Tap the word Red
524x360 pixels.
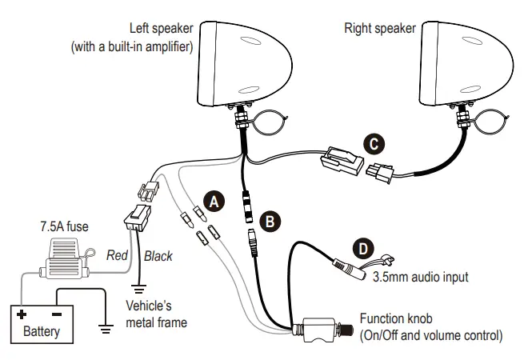pos(118,256)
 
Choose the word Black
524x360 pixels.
pos(158,257)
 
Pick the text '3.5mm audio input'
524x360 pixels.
pos(420,278)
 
